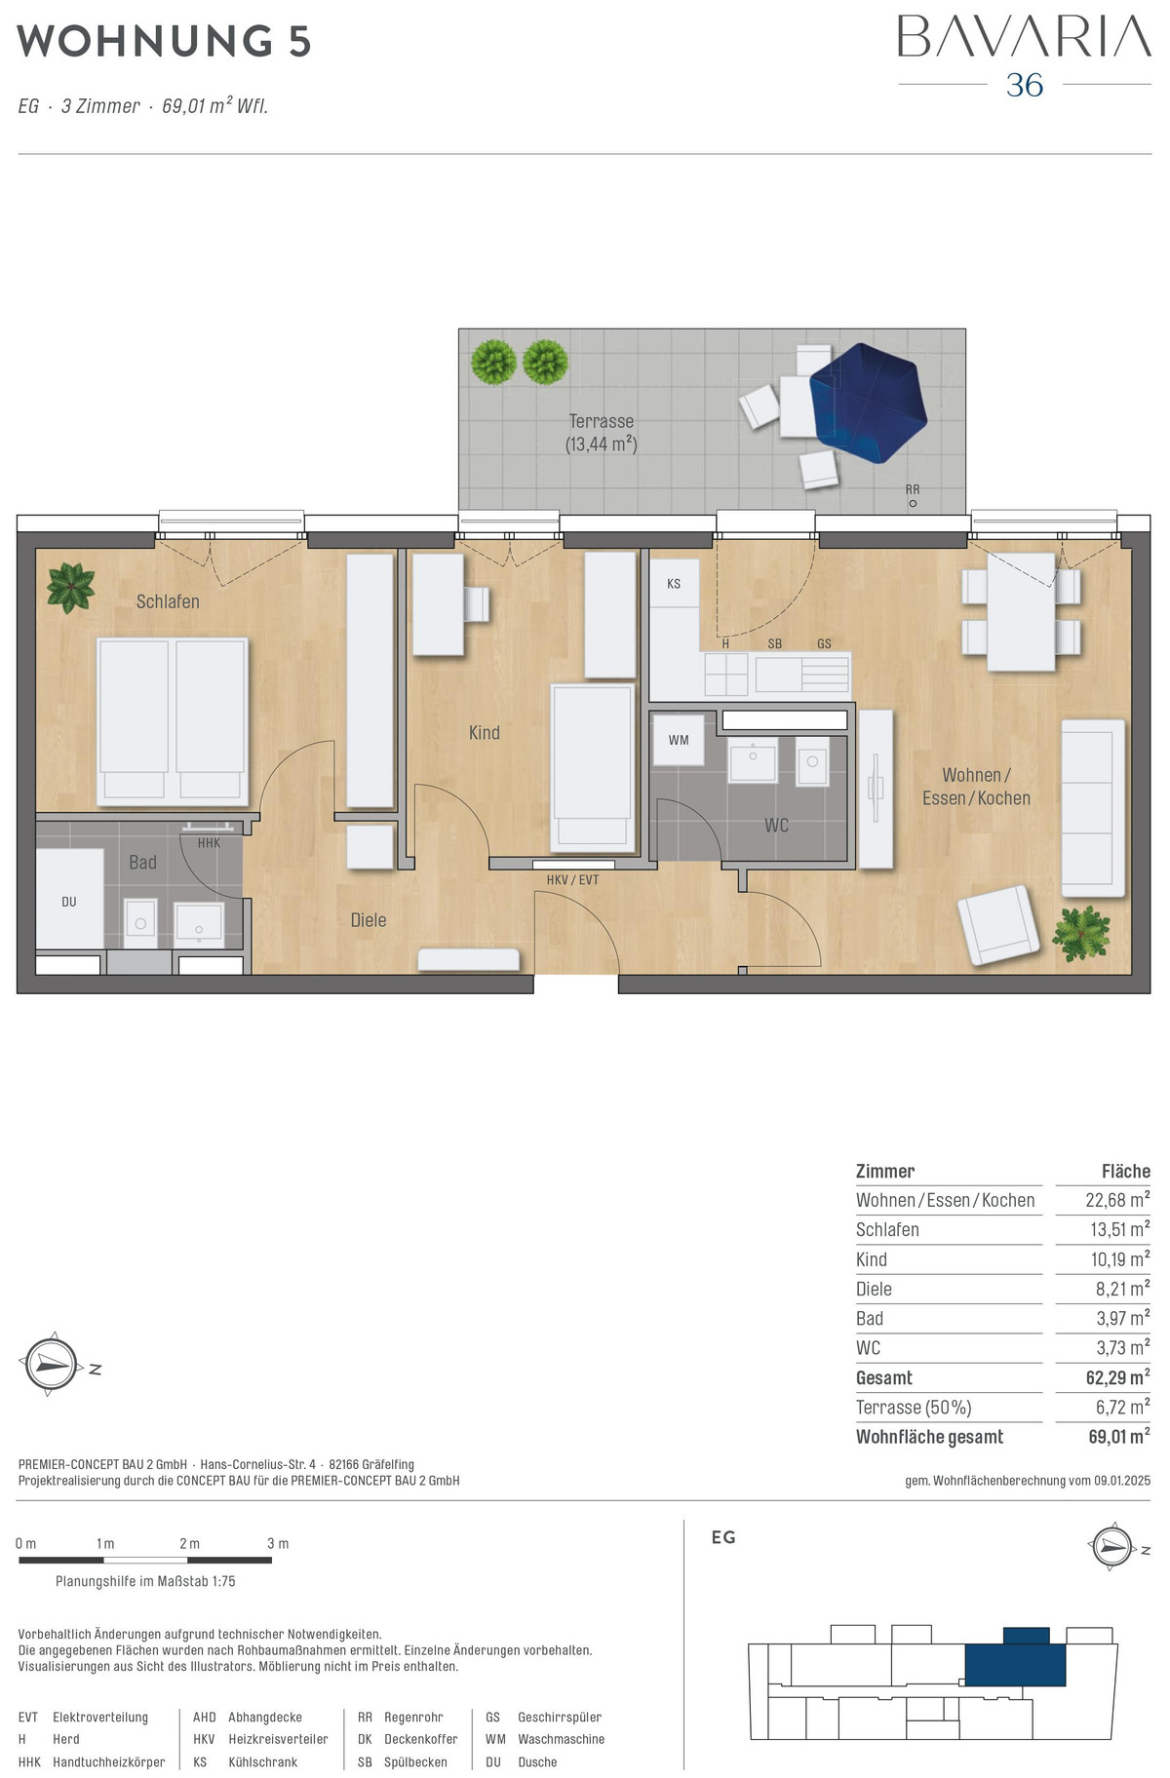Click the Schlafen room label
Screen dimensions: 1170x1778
coord(168,601)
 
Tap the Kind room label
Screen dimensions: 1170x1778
coord(484,732)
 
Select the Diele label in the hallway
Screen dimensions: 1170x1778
coord(369,919)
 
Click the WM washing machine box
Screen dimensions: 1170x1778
coord(679,740)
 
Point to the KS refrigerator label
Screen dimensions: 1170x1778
coord(674,584)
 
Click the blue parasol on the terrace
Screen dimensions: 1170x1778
coord(865,402)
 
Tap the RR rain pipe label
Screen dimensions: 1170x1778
coord(913,489)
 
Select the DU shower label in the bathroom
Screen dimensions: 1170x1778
coord(69,902)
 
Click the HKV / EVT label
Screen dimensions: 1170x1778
coord(573,880)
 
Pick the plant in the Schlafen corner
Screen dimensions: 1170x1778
coord(71,588)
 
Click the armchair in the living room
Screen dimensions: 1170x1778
coord(998,925)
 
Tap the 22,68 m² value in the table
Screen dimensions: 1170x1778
coord(1117,1200)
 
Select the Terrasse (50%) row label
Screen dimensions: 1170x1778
coord(914,1408)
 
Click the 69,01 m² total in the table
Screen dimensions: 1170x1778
coord(1119,1437)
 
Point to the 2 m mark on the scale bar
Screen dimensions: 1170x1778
coord(189,1543)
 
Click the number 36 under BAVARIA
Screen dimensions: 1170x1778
coord(1025,86)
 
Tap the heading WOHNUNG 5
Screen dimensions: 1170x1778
coord(164,41)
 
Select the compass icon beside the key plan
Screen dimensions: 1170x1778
coord(1112,1546)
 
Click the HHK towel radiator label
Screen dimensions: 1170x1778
coord(209,843)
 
